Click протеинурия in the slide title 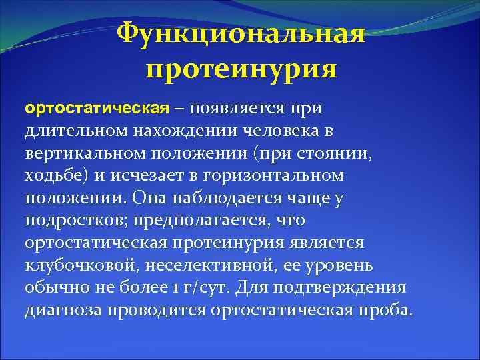[x=241, y=69]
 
